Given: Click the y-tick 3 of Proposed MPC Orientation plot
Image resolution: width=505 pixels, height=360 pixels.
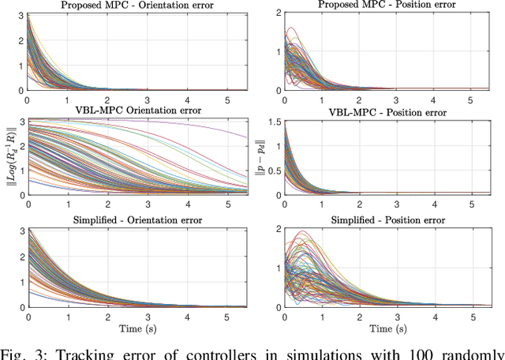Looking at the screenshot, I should (20, 16).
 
